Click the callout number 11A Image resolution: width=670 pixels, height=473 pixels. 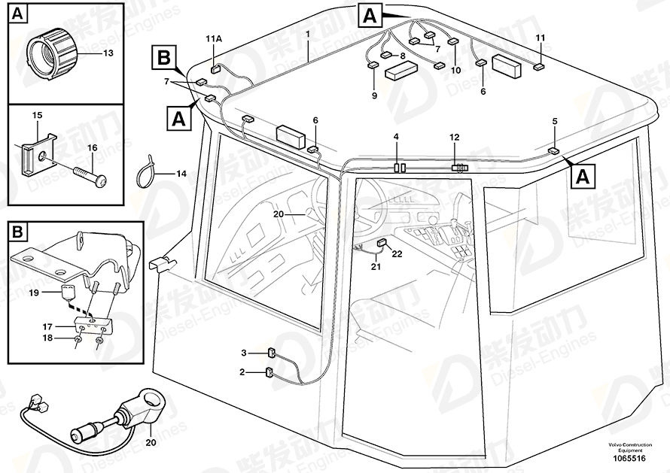[214, 38]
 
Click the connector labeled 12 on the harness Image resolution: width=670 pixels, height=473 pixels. [458, 168]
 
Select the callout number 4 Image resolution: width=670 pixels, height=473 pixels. [397, 136]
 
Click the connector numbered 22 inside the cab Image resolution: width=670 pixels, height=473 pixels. [382, 242]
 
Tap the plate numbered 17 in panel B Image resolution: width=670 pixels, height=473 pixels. [90, 325]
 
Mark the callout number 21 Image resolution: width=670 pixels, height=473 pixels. [374, 267]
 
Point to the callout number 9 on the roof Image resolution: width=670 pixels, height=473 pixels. [373, 96]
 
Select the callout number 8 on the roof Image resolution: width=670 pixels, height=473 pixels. [403, 56]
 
